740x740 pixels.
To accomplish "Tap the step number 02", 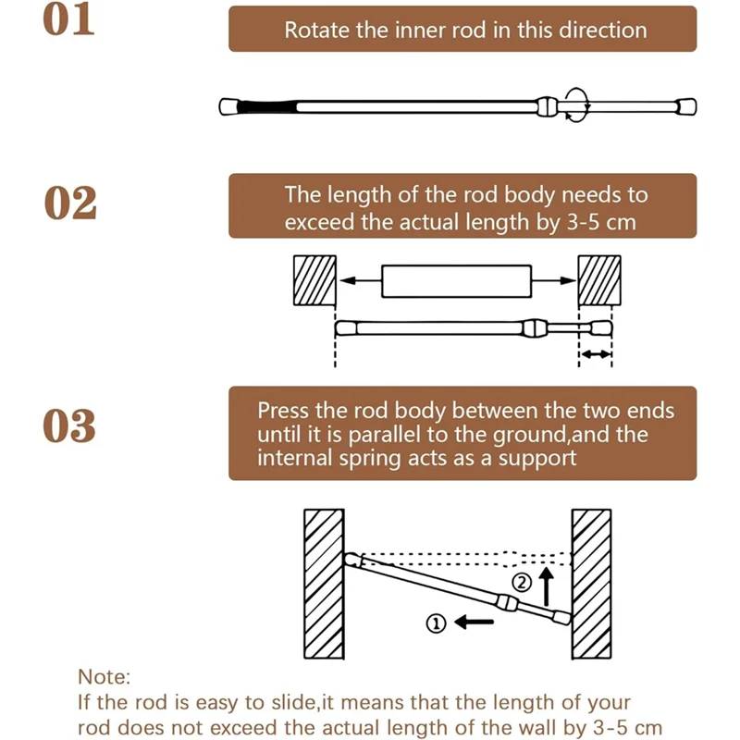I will pos(70,203).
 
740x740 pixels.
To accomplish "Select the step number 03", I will pos(70,425).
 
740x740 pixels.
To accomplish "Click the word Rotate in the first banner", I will pos(315,30).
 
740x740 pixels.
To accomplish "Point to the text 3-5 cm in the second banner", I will pos(601,223).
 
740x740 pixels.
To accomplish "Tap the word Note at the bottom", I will pos(105,677).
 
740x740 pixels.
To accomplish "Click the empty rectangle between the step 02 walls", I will pos(457,281).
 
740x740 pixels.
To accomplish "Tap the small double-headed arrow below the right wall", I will pos(596,354).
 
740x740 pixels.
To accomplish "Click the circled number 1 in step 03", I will pos(435,623).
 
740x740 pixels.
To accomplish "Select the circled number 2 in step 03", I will pos(520,582).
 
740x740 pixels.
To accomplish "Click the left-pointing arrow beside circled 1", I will pos(474,623).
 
